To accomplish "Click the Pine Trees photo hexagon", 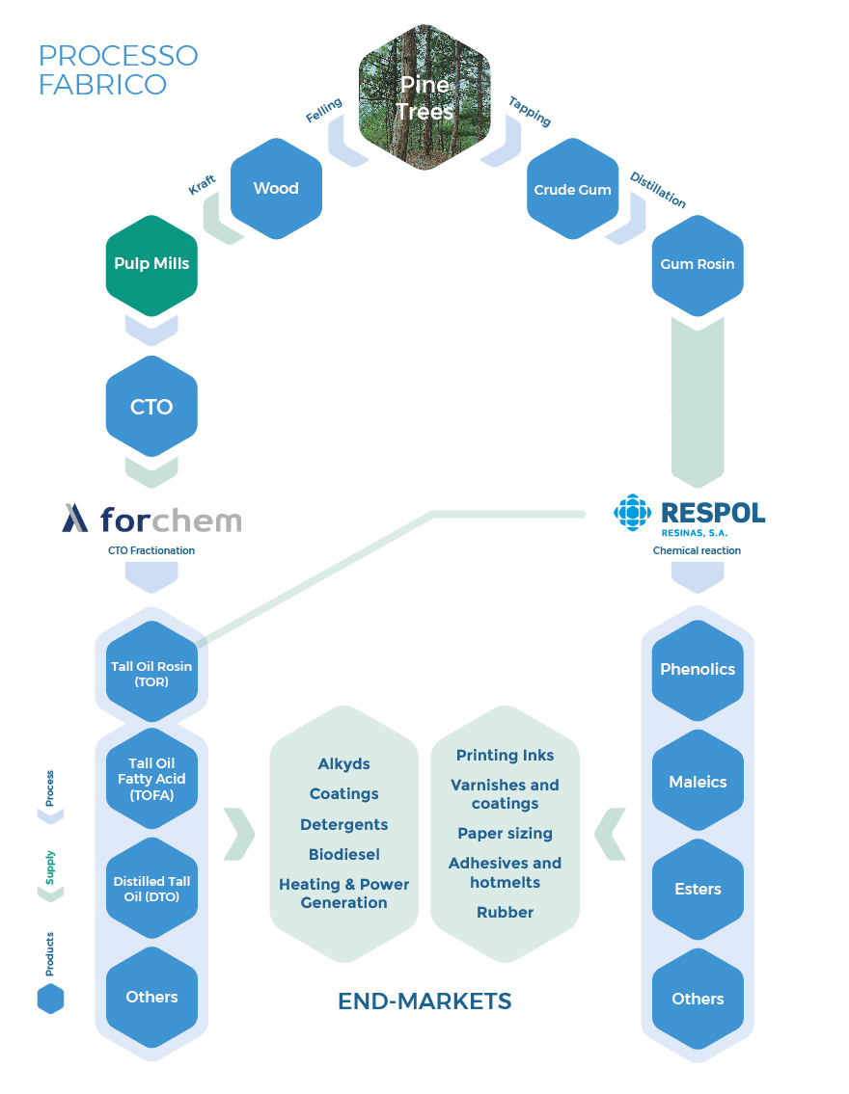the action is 424,97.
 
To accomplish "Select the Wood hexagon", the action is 277,188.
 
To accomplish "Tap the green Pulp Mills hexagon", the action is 151,265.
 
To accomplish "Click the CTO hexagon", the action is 151,406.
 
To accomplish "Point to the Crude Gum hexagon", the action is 572,188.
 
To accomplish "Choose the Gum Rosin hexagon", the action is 698,265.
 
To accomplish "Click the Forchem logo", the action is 151,520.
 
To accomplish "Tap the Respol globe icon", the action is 633,513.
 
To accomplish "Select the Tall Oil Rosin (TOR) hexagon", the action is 151,672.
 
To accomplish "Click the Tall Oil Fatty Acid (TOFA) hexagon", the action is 151,779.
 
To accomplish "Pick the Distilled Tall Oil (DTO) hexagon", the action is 151,888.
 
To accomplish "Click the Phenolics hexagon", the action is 698,671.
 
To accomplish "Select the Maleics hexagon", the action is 698,781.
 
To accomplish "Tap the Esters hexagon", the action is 698,889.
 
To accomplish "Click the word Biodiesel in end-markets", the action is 344,855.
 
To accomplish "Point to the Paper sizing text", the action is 505,834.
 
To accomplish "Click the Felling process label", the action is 324,110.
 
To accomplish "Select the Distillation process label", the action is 658,191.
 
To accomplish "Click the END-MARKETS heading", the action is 424,1001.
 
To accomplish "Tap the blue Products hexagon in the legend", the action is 50,999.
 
